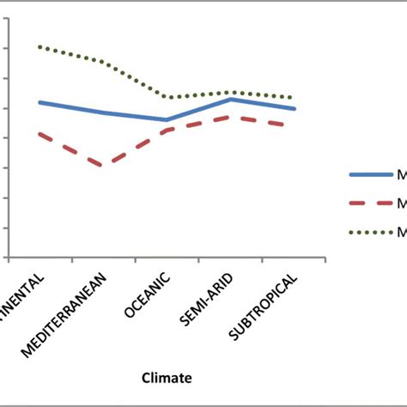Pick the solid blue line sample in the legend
pyautogui.click(x=370, y=174)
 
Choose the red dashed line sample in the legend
pyautogui.click(x=370, y=203)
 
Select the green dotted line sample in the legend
pyautogui.click(x=370, y=232)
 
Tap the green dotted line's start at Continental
pyautogui.click(x=39, y=46)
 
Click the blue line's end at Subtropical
pyautogui.click(x=295, y=108)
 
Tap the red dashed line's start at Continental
pyautogui.click(x=39, y=133)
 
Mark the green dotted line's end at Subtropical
pyautogui.click(x=295, y=98)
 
